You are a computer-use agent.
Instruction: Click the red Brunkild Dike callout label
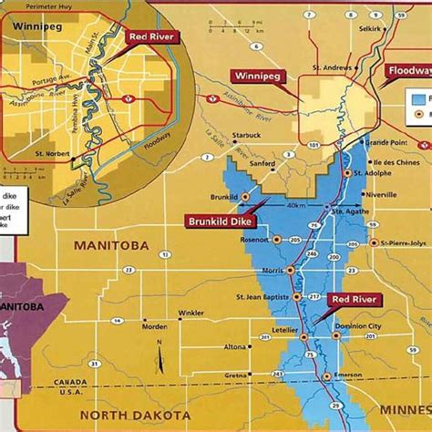pyautogui.click(x=221, y=221)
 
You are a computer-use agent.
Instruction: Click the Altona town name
pyautogui.click(x=235, y=346)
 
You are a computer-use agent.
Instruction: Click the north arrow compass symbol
pyautogui.click(x=159, y=351)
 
